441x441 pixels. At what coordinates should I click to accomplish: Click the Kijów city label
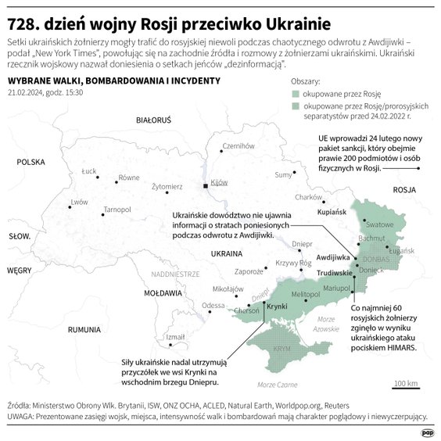[218, 181]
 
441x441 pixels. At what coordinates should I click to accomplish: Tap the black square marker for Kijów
[206, 186]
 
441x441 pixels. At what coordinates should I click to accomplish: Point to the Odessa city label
[213, 305]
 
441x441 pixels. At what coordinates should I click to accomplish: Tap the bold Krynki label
[277, 306]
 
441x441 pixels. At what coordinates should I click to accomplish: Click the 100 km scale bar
[406, 388]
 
